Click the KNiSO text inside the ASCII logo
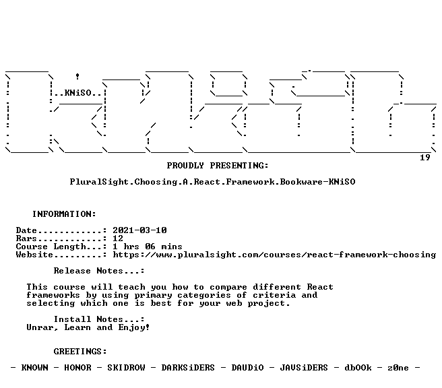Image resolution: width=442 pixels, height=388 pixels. [x=77, y=93]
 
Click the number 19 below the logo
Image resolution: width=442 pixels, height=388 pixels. [x=424, y=157]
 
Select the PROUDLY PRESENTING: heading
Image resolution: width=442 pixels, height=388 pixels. [x=218, y=166]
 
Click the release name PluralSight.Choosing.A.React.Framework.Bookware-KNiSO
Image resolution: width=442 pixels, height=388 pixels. [x=212, y=182]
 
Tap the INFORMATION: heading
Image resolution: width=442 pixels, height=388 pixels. [x=64, y=214]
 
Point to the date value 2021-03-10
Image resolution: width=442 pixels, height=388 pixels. [x=139, y=230]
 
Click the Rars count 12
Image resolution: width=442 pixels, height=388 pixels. [x=118, y=238]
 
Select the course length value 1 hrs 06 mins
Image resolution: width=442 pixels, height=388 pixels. [x=148, y=247]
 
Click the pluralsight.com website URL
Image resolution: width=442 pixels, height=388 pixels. [x=274, y=255]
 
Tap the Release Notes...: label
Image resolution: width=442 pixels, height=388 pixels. [x=99, y=271]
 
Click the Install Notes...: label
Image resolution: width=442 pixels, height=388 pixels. [x=99, y=319]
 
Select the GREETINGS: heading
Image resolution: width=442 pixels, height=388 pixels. [x=80, y=352]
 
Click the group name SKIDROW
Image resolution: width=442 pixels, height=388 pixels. [x=126, y=368]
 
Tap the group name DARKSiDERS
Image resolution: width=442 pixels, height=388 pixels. [x=188, y=368]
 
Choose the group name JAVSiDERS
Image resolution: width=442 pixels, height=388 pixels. [x=304, y=368]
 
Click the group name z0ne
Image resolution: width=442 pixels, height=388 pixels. [x=398, y=368]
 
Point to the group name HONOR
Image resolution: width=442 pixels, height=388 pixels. [x=77, y=368]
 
